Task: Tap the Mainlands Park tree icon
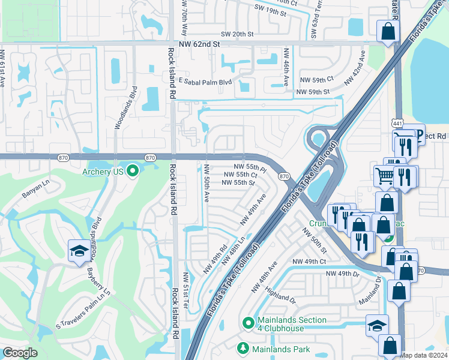coord(243,348)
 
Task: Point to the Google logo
coord(20,353)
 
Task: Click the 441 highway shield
coord(397,122)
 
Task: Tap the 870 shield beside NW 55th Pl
coord(284,176)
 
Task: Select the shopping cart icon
coord(385,176)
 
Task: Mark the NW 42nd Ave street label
coord(355,68)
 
